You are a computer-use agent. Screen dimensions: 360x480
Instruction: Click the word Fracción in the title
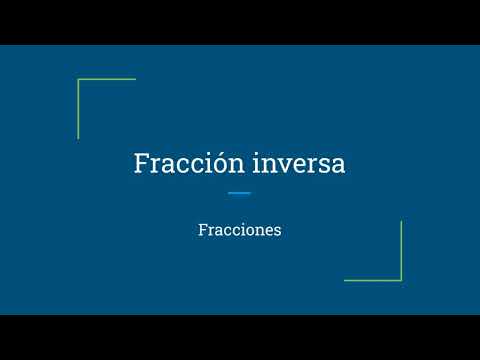point(180,164)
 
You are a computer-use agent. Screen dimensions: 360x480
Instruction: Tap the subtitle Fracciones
point(240,229)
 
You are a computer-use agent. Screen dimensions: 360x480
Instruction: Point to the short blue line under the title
point(239,193)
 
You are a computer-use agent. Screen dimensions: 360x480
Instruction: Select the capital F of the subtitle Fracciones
point(203,229)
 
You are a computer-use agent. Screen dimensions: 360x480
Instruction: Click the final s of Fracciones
point(278,230)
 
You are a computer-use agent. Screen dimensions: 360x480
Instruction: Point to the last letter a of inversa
point(338,166)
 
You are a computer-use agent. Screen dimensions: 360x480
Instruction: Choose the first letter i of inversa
point(260,164)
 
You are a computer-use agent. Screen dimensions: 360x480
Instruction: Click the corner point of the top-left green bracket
point(78,79)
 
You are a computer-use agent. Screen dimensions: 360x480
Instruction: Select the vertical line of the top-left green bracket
point(78,109)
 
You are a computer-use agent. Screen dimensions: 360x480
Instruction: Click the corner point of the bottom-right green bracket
point(401,280)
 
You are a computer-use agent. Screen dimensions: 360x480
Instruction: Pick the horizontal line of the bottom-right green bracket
point(373,280)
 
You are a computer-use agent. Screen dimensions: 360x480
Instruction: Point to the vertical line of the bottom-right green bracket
point(401,250)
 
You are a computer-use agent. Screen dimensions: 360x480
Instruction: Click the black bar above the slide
point(240,22)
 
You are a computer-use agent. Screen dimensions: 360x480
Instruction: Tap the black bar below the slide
point(240,337)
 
